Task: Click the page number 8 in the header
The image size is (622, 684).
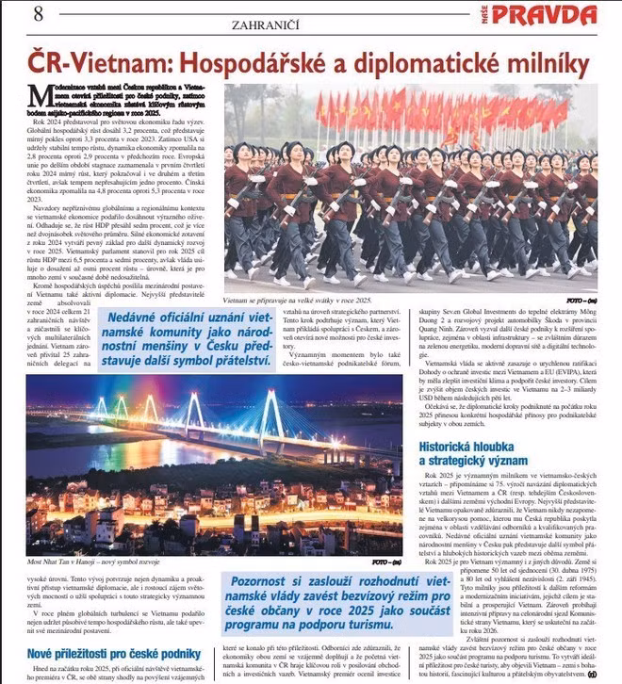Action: coord(38,14)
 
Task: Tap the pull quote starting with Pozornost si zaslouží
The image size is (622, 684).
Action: coord(315,605)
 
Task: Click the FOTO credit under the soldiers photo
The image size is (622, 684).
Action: coord(577,299)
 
